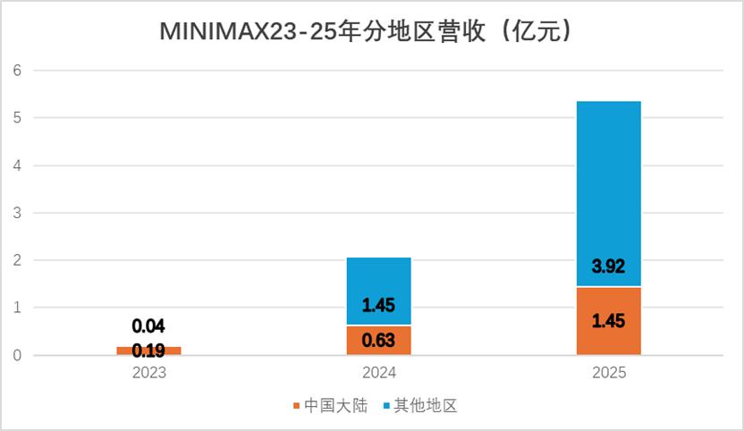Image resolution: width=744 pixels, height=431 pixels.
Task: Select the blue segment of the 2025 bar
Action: pos(609,194)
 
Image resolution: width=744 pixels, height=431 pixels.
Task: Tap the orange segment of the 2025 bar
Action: pos(609,321)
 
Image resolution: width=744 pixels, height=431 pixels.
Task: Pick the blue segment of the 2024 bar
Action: pos(378,291)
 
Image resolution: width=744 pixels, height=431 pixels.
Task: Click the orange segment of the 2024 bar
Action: pos(378,341)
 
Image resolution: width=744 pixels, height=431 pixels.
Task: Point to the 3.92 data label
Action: pos(608,266)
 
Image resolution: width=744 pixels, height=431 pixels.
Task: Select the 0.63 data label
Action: pos(378,340)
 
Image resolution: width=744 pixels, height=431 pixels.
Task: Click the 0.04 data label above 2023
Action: pos(148,326)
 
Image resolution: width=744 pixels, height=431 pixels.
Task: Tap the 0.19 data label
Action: pos(148,351)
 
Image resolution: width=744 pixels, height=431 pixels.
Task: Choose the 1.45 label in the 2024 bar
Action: pos(378,305)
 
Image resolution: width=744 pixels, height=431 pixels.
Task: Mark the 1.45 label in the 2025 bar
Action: pos(608,321)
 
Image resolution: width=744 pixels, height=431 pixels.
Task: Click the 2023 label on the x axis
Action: pos(149,373)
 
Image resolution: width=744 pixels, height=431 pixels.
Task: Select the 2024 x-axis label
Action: pos(378,373)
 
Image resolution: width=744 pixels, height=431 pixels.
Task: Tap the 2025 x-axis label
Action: pos(609,373)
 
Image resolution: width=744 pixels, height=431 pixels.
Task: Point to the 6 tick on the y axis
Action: pos(17,71)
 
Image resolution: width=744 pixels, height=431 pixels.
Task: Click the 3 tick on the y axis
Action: pos(17,213)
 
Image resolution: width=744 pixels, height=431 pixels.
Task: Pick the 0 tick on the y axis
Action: pos(17,355)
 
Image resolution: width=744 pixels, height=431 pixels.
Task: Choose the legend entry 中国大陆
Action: pos(331,405)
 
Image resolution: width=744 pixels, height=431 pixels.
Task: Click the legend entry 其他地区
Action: pos(420,405)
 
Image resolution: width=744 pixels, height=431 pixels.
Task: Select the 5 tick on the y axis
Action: pos(17,118)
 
